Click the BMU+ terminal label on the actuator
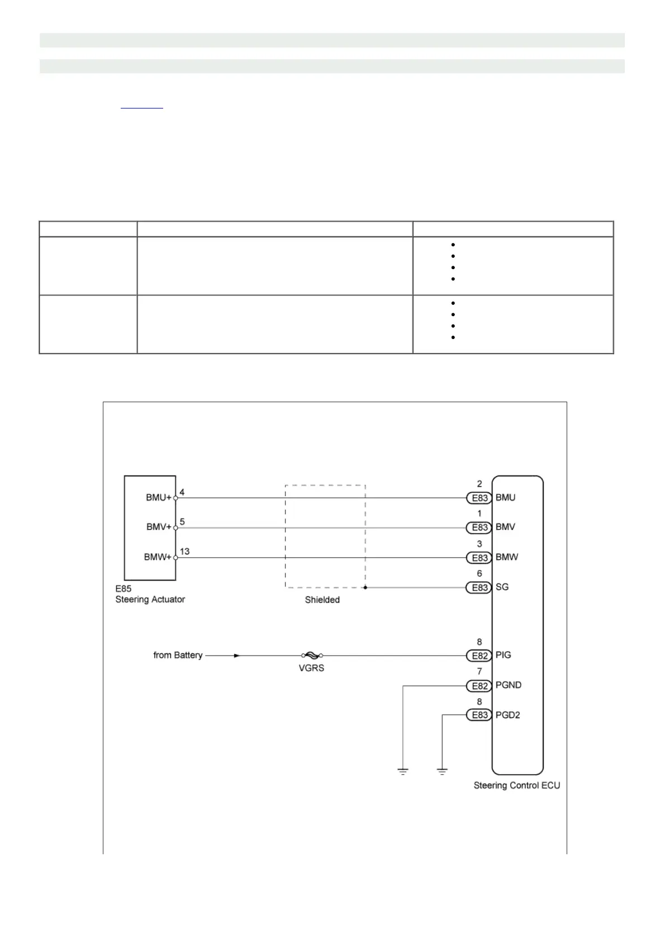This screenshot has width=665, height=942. [159, 497]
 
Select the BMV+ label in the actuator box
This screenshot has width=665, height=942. [159, 527]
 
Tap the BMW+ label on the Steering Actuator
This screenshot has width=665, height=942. [158, 557]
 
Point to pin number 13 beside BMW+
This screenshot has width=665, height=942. [184, 552]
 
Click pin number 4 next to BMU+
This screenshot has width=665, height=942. [182, 492]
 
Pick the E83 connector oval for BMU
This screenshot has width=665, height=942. [479, 498]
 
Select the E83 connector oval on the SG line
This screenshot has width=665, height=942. [479, 587]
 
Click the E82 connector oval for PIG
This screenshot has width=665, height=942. [479, 656]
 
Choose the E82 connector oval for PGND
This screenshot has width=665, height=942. [479, 686]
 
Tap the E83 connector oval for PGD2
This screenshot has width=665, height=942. [479, 715]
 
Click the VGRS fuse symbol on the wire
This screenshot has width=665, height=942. [312, 655]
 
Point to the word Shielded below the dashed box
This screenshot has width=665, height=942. [322, 600]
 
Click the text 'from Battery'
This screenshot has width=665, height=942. [178, 655]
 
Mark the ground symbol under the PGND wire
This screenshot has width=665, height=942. [403, 772]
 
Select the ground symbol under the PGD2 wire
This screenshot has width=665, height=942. [442, 772]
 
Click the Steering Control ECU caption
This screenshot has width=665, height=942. [517, 785]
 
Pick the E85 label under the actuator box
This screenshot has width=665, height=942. [123, 588]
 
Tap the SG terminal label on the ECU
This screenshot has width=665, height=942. [502, 587]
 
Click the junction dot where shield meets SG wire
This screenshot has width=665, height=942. [365, 587]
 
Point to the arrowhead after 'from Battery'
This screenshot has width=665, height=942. [237, 655]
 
